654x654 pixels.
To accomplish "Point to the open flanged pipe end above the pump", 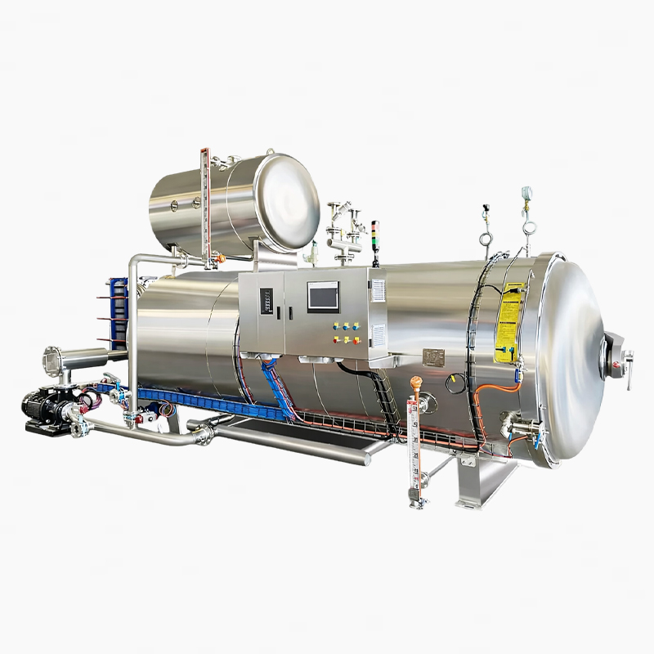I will pos(51,359).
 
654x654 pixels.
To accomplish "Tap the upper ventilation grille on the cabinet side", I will pos(377,290).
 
